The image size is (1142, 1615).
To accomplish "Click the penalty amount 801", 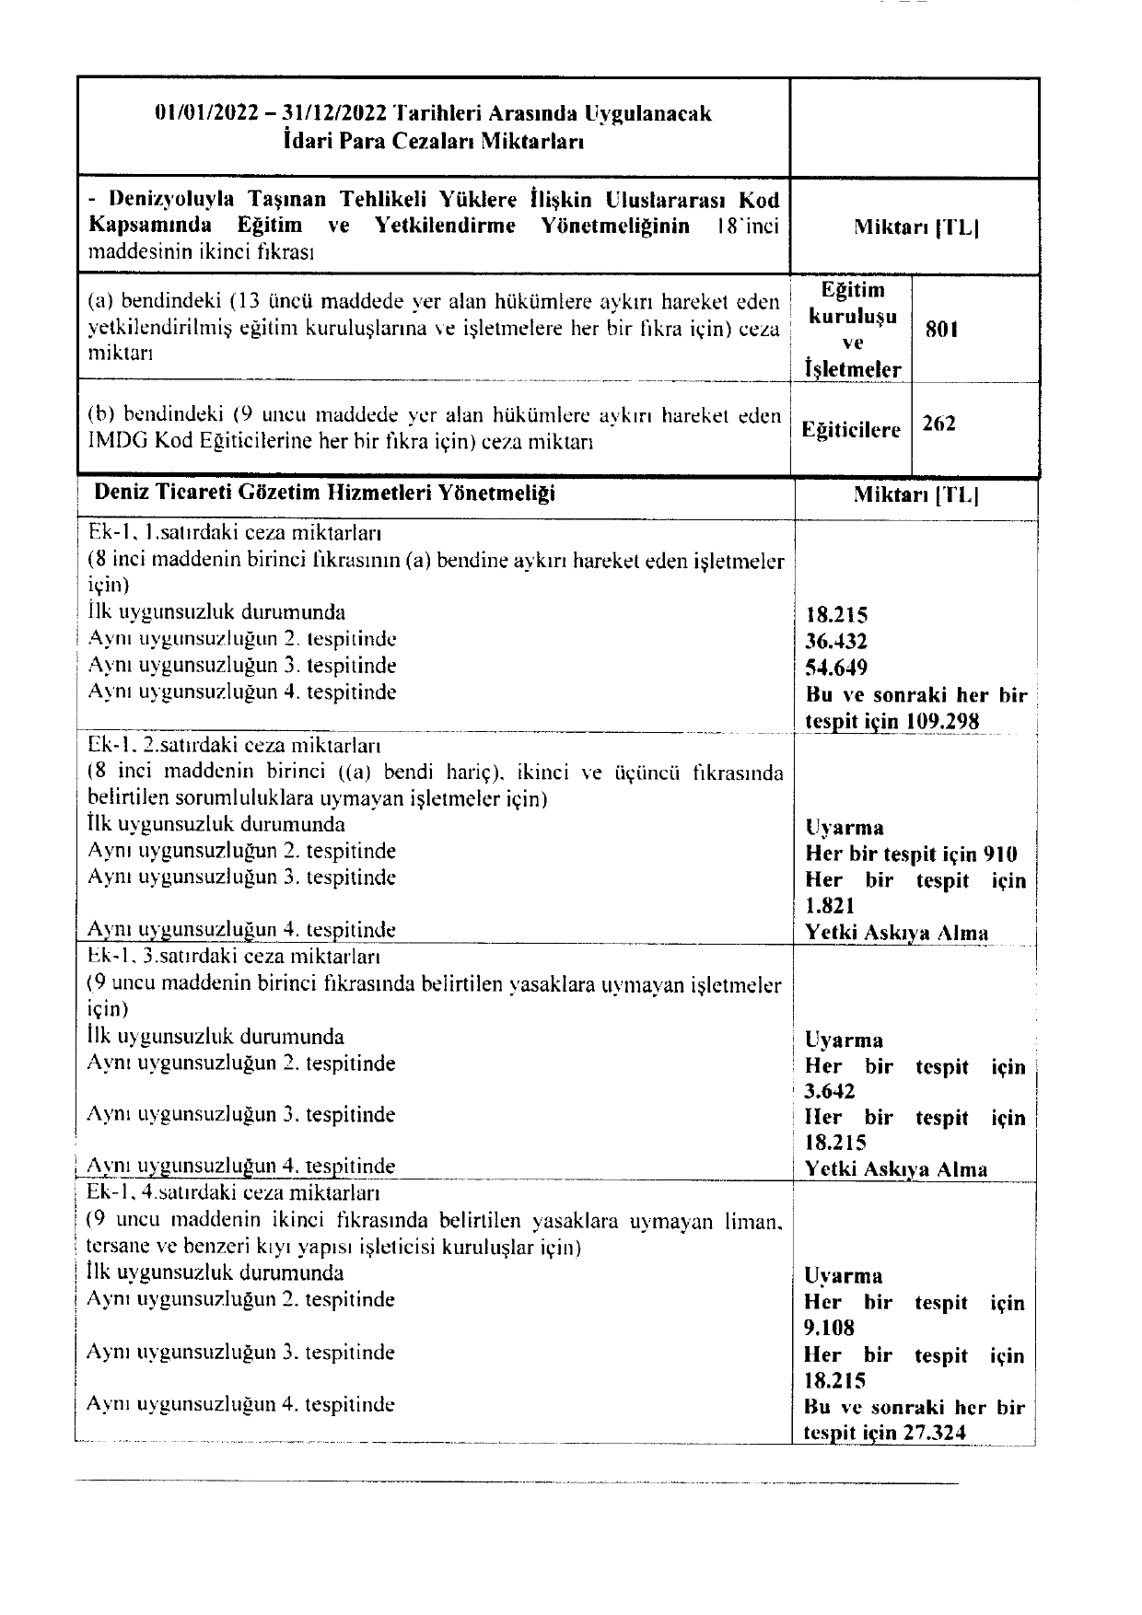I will click(x=941, y=330).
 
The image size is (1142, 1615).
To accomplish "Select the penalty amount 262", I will click(x=939, y=424).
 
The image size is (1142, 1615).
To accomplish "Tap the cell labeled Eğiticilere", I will click(x=851, y=429).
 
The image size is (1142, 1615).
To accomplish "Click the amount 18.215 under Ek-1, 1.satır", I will click(x=836, y=616).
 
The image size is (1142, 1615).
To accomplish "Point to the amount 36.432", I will click(x=836, y=642).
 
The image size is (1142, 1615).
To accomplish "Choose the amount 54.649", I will click(x=836, y=668).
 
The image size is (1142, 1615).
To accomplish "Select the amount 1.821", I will click(x=830, y=906).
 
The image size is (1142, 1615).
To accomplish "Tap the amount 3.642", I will click(x=830, y=1092).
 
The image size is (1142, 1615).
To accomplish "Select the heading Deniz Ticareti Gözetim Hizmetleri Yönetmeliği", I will click(x=324, y=494).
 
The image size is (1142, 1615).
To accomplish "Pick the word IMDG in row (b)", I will click(x=114, y=442).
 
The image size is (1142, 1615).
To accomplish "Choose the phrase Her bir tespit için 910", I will click(x=912, y=854).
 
